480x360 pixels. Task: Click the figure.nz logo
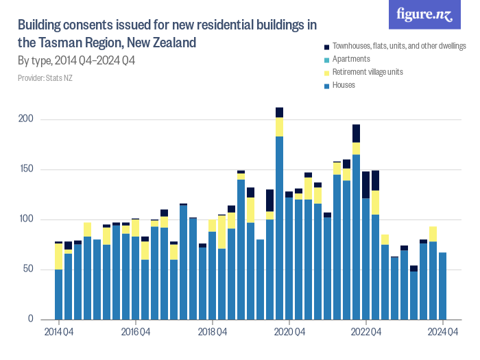(424, 14)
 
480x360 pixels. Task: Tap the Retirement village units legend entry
(367, 72)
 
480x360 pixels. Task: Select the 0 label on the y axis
(31, 320)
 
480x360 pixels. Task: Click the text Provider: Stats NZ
(45, 78)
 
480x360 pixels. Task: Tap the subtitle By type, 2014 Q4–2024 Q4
(76, 62)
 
